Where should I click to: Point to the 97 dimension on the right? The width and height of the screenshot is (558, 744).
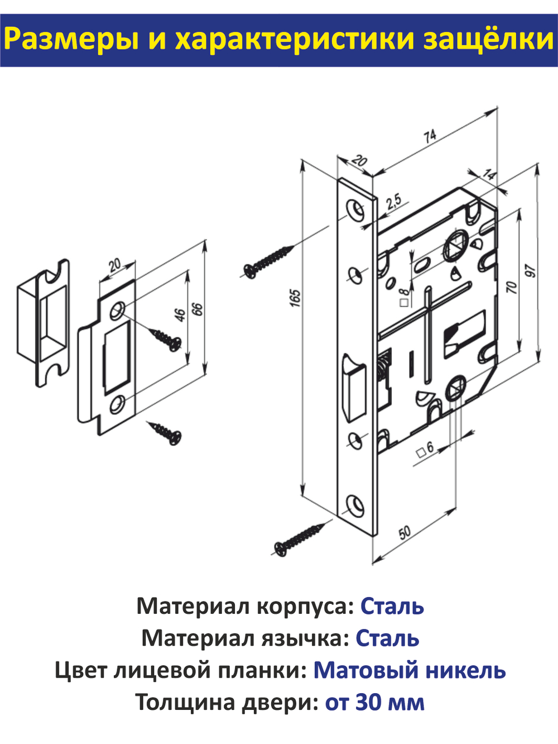coord(531,271)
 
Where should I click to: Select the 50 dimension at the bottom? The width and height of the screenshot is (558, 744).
coord(405,532)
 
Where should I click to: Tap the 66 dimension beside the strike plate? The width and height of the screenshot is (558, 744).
coord(198,309)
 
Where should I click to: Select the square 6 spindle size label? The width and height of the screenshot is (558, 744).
coord(425,449)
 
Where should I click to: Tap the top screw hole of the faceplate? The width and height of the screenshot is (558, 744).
coord(354,208)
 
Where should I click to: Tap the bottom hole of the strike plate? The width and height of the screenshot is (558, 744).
coord(117,403)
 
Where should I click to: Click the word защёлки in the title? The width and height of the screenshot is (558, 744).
coord(488,40)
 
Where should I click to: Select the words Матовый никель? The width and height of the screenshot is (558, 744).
coord(409,670)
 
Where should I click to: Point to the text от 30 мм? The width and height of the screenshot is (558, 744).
coord(374,702)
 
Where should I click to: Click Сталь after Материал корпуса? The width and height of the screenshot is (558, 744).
coord(392,606)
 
